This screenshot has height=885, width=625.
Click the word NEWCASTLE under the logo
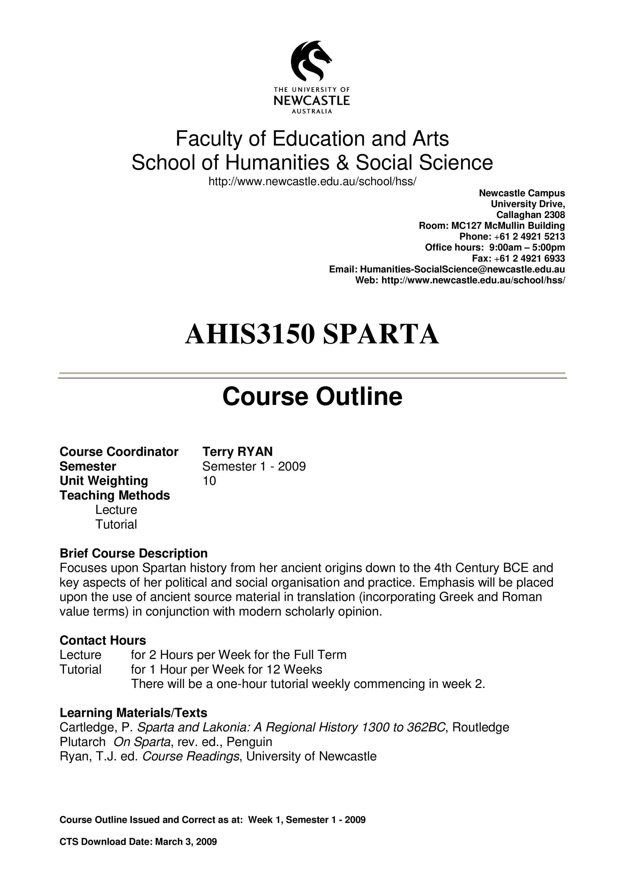tap(312, 101)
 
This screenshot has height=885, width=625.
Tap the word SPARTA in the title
tap(380, 334)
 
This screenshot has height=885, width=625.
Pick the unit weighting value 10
tap(209, 481)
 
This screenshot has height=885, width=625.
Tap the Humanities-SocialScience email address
tap(462, 269)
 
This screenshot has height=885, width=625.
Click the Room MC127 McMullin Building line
tap(492, 225)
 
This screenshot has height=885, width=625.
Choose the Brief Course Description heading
tap(134, 553)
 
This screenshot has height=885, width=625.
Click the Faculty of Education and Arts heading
tap(312, 139)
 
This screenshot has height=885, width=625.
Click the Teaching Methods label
tap(115, 495)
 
